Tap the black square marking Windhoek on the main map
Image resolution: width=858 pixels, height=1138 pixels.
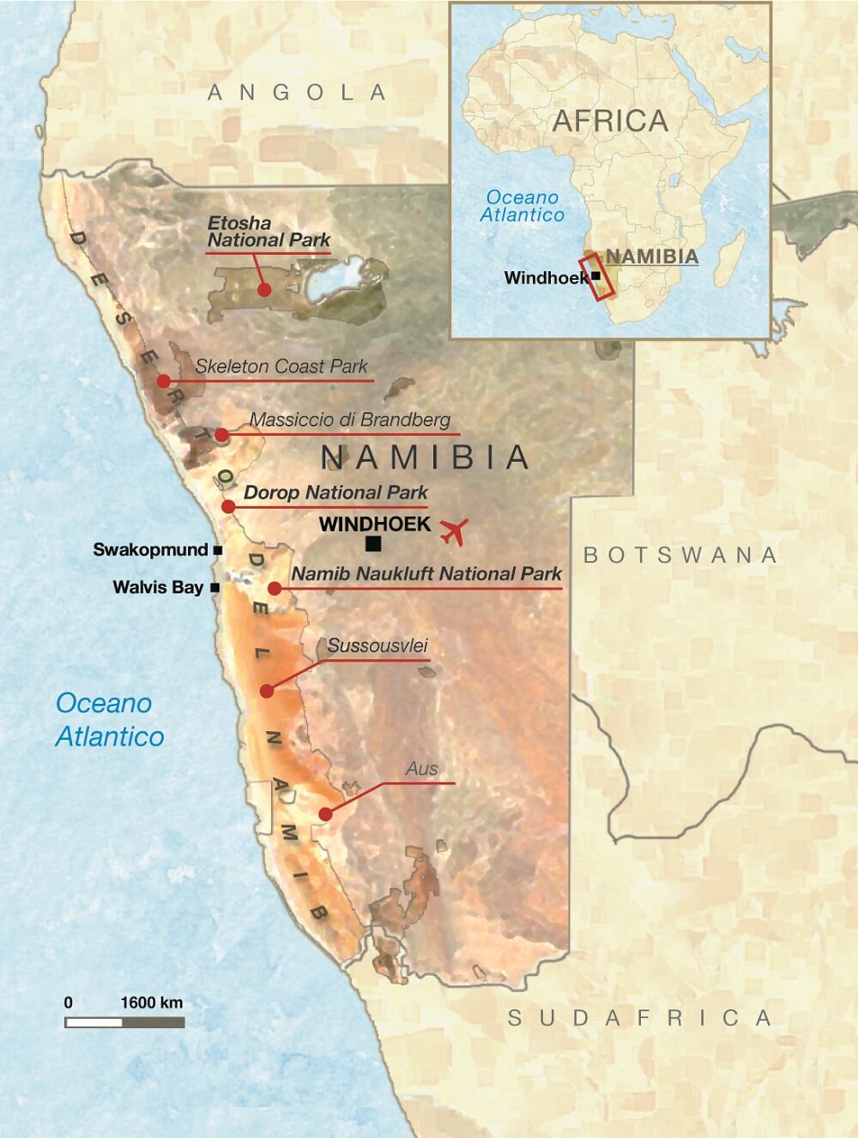tap(373, 543)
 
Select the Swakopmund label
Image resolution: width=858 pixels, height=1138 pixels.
tap(150, 549)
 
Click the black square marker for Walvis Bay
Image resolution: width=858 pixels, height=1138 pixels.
tap(214, 588)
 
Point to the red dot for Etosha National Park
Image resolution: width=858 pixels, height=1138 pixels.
tap(264, 290)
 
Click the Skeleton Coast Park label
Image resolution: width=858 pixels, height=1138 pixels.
tap(281, 366)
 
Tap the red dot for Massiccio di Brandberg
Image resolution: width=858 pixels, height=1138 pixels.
tap(221, 435)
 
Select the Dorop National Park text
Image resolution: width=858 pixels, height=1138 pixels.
tap(335, 493)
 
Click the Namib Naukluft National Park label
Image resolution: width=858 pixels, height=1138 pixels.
tap(426, 573)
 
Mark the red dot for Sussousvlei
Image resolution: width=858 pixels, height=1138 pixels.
tap(267, 690)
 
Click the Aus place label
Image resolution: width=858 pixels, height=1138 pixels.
tap(421, 769)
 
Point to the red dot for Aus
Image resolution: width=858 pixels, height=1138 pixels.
tap(325, 814)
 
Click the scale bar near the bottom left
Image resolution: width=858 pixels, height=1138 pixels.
tap(124, 1022)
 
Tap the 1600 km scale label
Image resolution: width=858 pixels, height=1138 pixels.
tap(151, 1002)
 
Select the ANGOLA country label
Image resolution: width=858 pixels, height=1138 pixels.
tap(297, 93)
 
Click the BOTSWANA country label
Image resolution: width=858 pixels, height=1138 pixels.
tap(680, 555)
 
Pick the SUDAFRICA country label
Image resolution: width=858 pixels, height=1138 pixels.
tap(639, 1018)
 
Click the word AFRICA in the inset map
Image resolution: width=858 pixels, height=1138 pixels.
tap(610, 121)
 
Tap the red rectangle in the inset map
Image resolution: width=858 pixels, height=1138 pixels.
tap(598, 276)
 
